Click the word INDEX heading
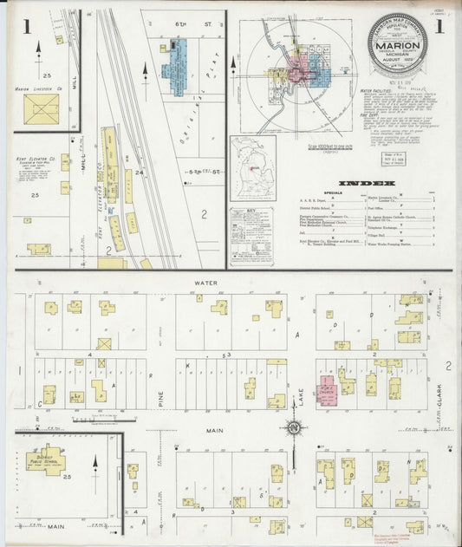pyautogui.click(x=367, y=184)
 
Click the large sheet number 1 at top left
pyautogui.click(x=27, y=28)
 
